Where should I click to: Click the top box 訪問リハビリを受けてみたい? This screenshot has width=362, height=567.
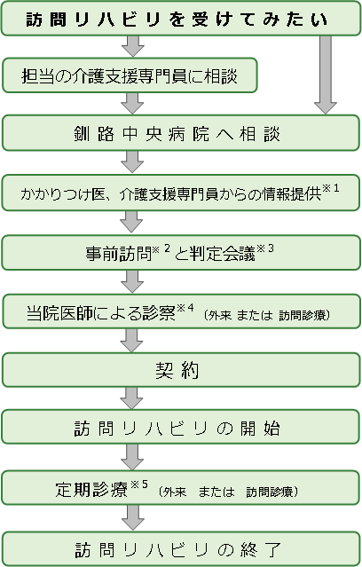(180, 19)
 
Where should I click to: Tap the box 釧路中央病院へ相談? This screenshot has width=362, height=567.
(180, 134)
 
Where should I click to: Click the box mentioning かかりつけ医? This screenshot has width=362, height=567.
(180, 193)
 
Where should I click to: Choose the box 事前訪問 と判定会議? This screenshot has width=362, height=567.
(180, 251)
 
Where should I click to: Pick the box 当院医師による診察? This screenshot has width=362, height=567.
(180, 311)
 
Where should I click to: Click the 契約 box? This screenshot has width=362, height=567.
(180, 369)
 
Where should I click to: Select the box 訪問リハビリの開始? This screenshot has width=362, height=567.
(180, 428)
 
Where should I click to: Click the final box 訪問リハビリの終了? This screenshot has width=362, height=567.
(180, 545)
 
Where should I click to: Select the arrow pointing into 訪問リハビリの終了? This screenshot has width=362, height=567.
(133, 516)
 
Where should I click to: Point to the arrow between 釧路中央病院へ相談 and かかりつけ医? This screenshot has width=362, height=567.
(133, 163)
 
